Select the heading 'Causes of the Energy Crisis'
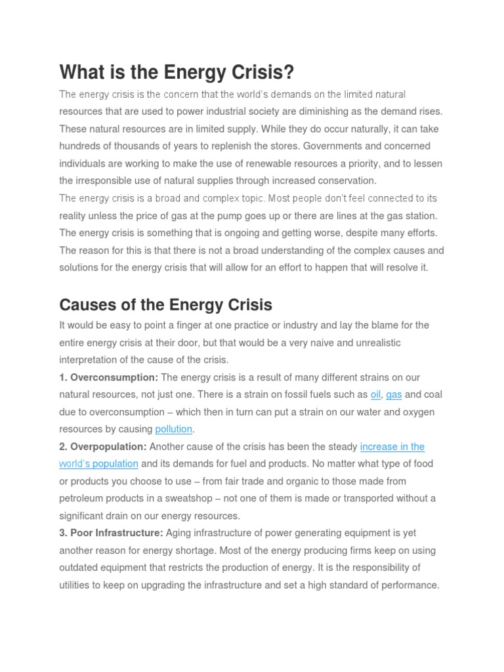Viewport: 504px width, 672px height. [165, 305]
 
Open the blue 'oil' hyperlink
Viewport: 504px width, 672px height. [375, 394]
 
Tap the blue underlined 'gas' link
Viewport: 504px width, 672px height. [394, 394]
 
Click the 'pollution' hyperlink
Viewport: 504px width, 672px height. [173, 429]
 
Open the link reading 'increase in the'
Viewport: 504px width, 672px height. [392, 446]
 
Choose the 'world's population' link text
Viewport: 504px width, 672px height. [98, 463]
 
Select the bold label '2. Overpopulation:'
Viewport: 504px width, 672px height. [103, 446]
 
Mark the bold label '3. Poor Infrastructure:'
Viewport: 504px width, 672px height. [112, 533]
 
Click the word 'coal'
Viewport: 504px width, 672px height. [433, 394]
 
